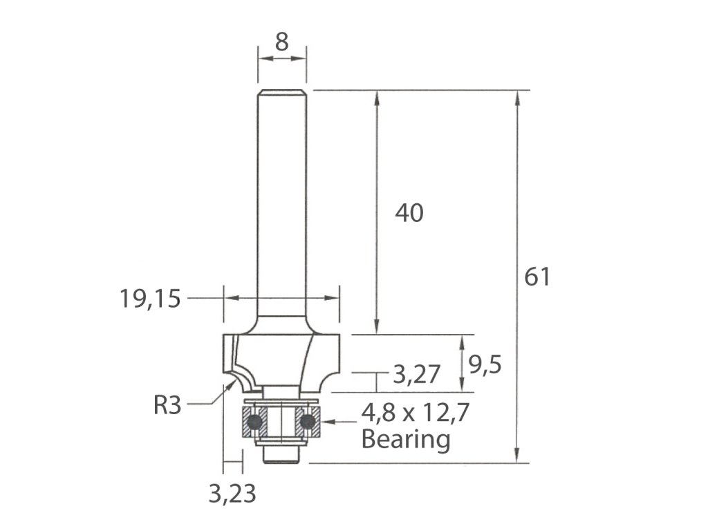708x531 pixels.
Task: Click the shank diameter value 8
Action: point(282,42)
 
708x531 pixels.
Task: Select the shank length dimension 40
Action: point(409,213)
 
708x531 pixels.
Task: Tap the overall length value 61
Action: point(537,277)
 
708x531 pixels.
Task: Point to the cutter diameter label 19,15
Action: point(150,299)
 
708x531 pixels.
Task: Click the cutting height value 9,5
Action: point(485,365)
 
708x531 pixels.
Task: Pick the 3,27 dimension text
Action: point(416,374)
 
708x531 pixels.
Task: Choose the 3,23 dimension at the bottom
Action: point(232,494)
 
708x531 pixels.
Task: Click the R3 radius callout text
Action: point(167,405)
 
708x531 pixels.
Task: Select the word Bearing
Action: point(406,439)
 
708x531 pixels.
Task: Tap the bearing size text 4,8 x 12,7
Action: point(416,413)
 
